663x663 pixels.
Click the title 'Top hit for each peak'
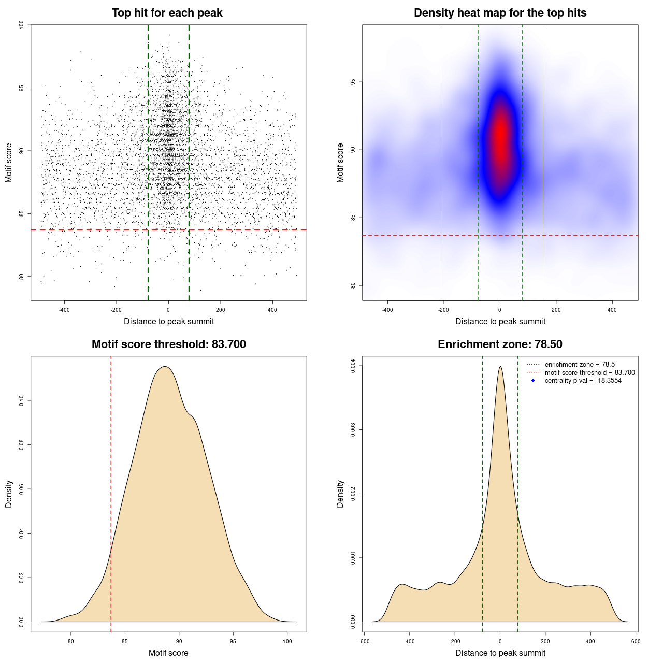point(167,13)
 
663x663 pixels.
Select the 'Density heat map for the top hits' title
point(500,13)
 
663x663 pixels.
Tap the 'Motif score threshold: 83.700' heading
point(168,344)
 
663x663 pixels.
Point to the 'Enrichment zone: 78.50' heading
point(500,344)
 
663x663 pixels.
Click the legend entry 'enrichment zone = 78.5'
point(580,365)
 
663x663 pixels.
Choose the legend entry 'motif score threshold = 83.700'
point(589,372)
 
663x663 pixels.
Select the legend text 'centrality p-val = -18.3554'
point(583,381)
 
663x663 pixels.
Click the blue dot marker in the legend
point(533,381)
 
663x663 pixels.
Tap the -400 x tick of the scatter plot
point(64,310)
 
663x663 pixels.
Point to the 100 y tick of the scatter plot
point(22,25)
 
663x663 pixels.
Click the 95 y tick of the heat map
point(353,82)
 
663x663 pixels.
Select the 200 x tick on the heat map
point(556,310)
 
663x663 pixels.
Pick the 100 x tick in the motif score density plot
point(287,642)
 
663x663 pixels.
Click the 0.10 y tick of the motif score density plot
point(22,400)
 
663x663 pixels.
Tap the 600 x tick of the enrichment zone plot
point(636,642)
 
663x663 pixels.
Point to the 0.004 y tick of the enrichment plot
point(353,366)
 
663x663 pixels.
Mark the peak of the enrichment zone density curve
point(500,367)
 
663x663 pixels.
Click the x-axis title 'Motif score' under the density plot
point(168,653)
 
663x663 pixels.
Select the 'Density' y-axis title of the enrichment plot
point(340,494)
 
